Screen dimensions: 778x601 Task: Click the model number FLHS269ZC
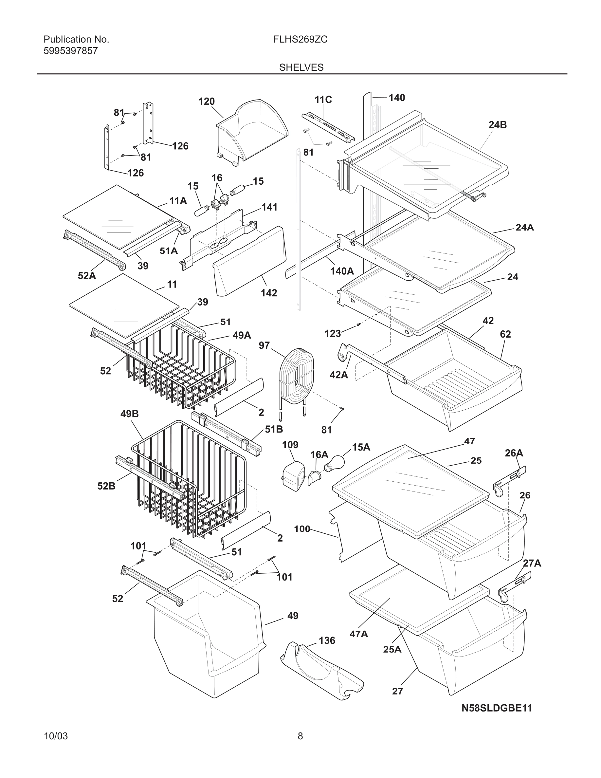point(300,40)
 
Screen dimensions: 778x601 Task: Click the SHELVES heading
point(301,67)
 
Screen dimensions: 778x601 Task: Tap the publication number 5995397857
point(70,51)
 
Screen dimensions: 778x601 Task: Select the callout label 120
point(207,102)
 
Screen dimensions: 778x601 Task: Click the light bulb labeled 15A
point(334,463)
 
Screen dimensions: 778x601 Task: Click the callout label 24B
point(497,125)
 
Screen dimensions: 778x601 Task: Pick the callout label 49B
point(129,414)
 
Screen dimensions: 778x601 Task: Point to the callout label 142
point(269,293)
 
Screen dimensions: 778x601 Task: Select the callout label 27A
point(532,563)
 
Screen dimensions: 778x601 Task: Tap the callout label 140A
point(342,271)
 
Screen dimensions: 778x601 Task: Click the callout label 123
point(333,333)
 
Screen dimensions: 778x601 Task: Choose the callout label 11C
point(323,100)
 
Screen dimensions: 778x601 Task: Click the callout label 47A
point(358,634)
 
